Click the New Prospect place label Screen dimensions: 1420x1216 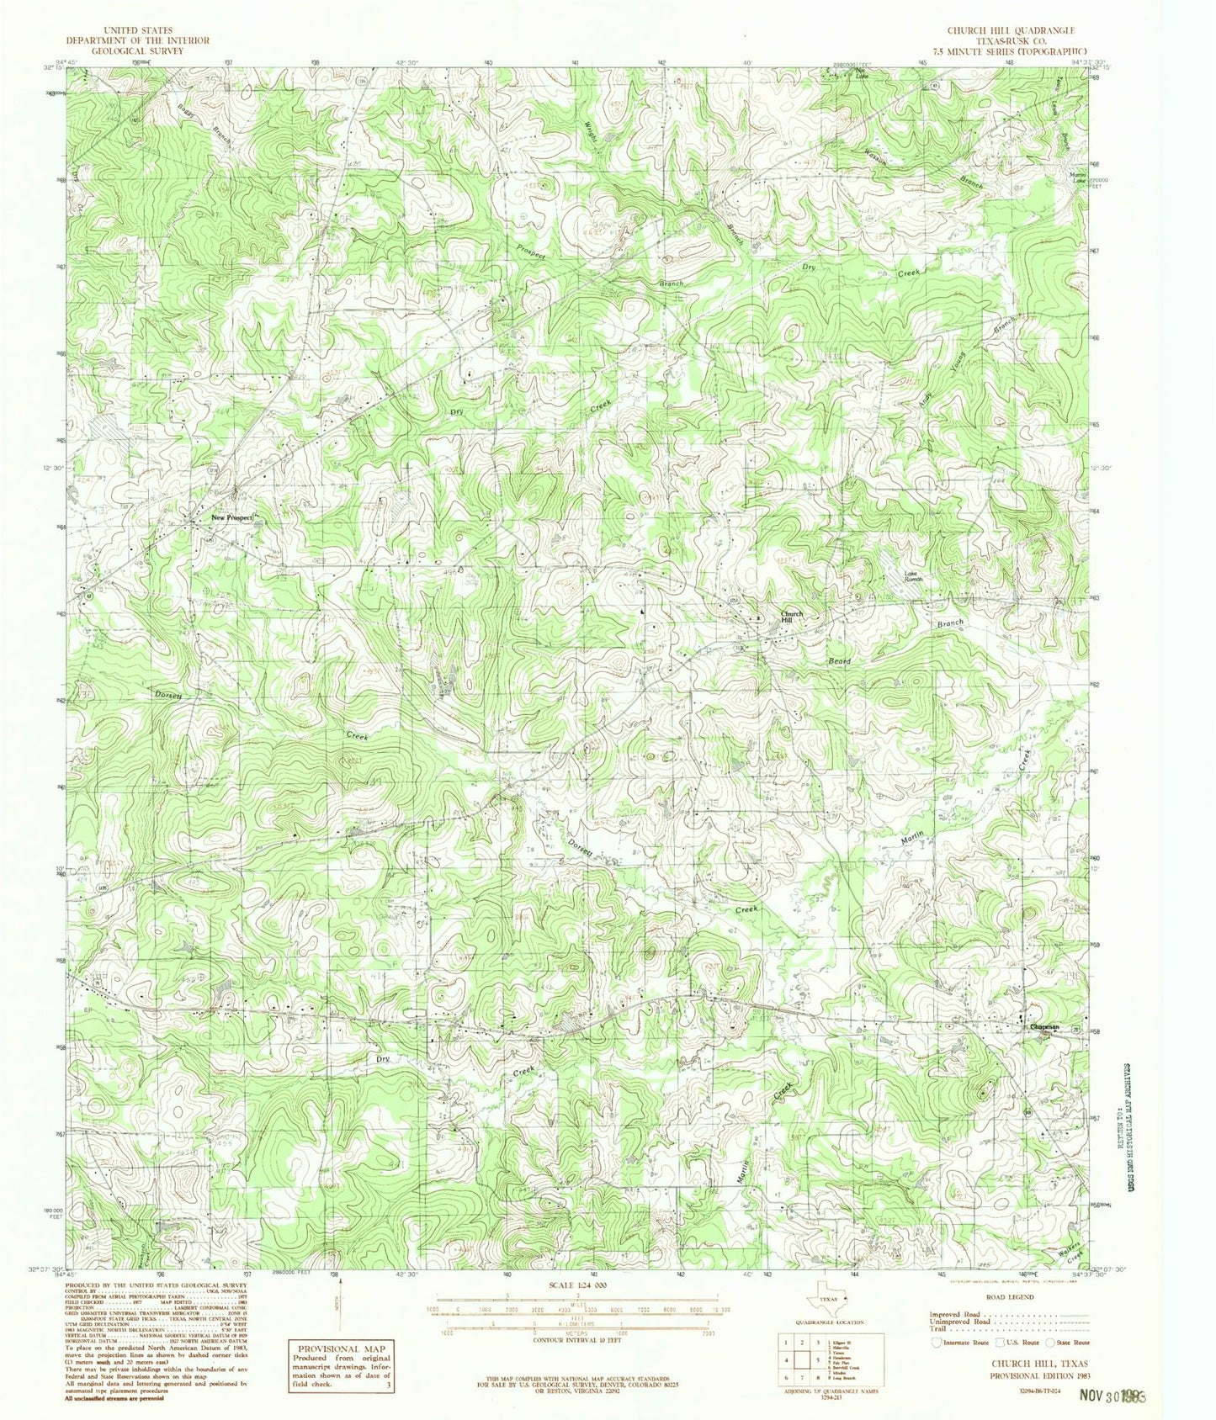[231, 519]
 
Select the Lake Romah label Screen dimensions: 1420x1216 [914, 578]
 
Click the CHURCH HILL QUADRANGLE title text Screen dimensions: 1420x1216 [999, 30]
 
